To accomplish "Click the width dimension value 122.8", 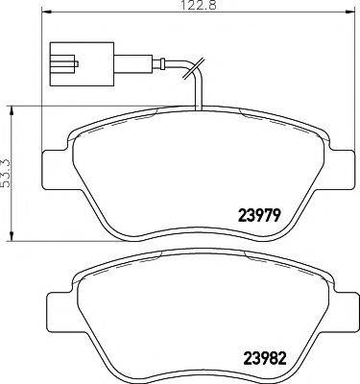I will coord(190,7).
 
